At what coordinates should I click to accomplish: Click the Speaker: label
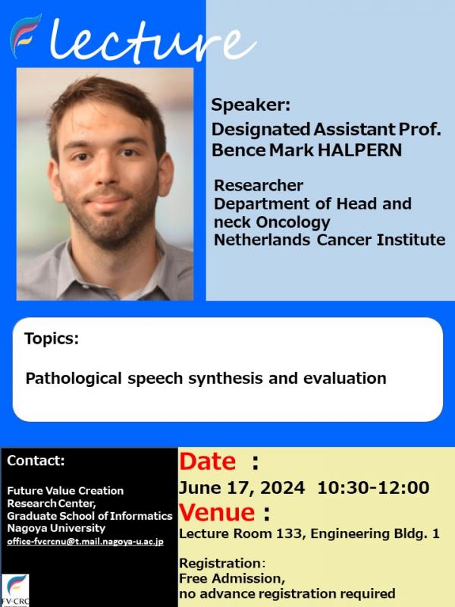[x=250, y=105]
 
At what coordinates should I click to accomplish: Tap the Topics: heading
[x=52, y=339]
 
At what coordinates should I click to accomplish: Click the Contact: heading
[x=36, y=461]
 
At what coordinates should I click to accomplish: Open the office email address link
[x=85, y=542]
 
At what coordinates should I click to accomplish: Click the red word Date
[x=206, y=461]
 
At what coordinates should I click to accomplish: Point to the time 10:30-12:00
[x=374, y=487]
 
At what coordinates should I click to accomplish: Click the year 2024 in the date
[x=284, y=487]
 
